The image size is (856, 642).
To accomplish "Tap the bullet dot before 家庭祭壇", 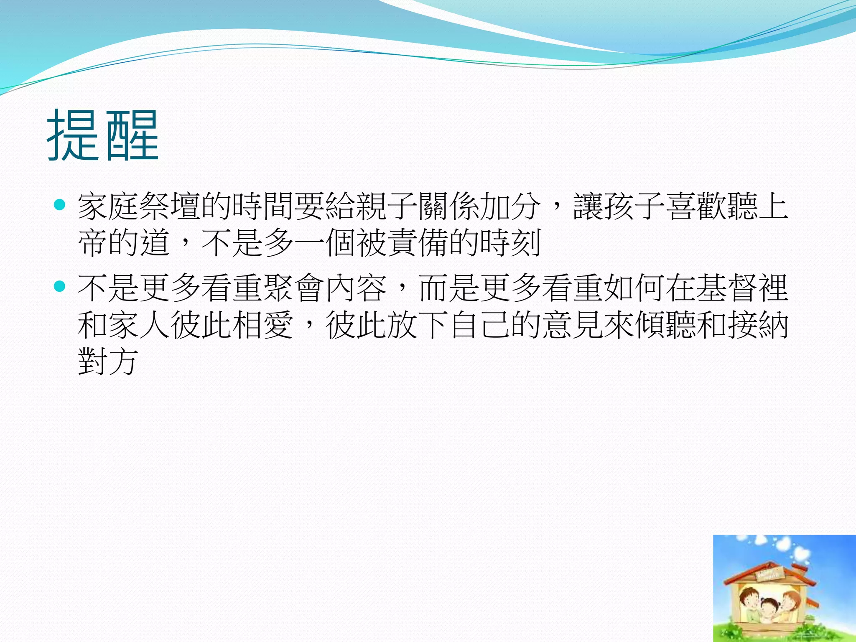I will [60, 204].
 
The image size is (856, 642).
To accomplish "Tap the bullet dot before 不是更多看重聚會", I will [60, 286].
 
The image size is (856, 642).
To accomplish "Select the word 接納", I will [758, 325].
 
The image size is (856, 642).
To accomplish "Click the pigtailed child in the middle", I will [769, 608].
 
